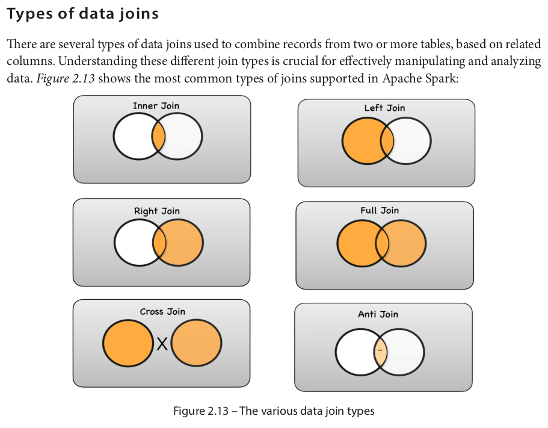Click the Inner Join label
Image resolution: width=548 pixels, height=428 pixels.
(x=156, y=106)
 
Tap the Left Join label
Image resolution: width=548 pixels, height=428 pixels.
(x=384, y=108)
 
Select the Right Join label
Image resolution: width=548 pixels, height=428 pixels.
(x=156, y=211)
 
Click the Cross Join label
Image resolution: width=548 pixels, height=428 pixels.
(x=162, y=312)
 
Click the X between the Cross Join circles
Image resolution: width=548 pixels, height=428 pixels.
(x=162, y=344)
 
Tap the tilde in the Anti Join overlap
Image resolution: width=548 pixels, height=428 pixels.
(x=380, y=350)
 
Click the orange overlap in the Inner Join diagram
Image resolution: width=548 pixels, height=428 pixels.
(x=158, y=137)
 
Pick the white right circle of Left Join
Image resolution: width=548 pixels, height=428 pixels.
(x=413, y=142)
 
